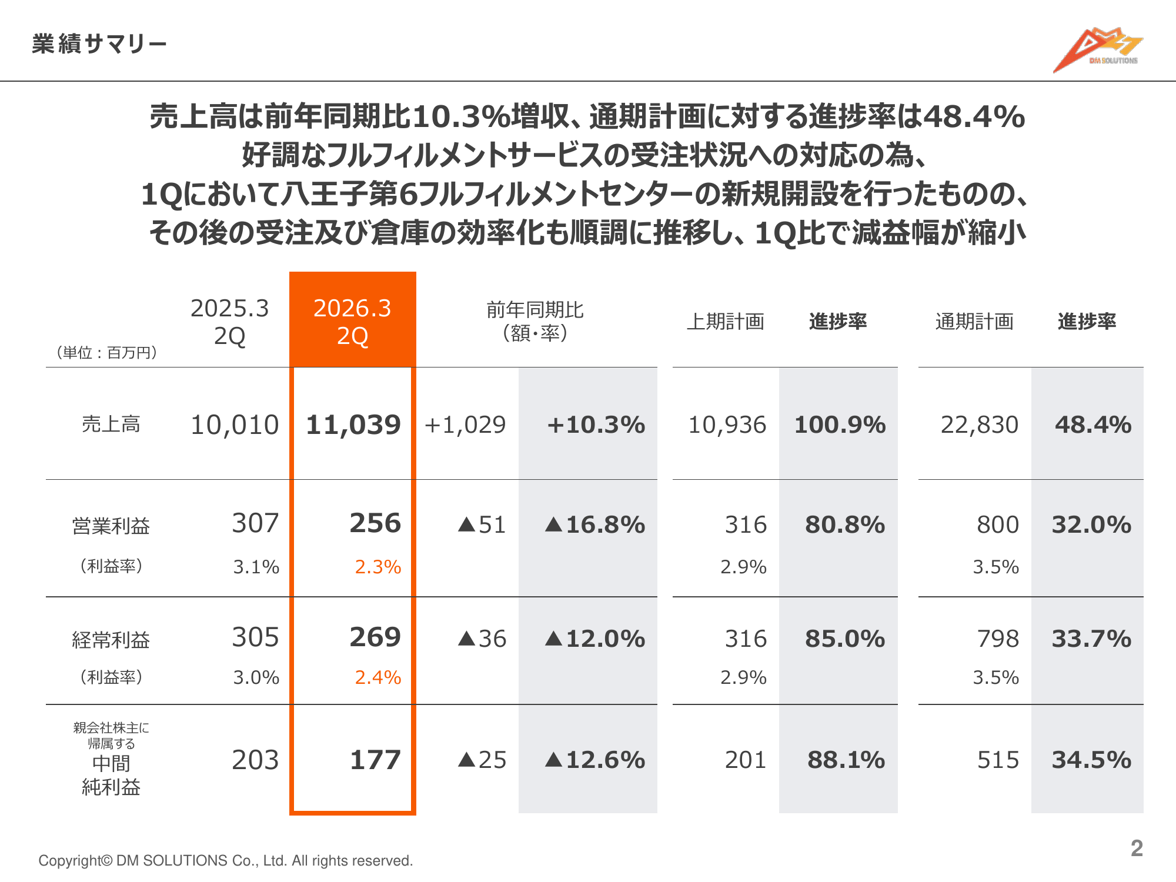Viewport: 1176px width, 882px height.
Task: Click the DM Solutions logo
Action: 1097,49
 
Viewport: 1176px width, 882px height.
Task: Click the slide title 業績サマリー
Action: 99,44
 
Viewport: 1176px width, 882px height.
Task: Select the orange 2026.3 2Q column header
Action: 352,321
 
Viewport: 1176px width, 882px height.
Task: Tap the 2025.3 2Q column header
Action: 229,322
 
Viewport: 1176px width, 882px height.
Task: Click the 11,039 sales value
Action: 353,425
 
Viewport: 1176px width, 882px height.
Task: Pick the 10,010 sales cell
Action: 235,425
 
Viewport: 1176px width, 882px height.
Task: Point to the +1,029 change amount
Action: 465,425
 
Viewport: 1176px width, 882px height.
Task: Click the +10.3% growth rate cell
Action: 596,425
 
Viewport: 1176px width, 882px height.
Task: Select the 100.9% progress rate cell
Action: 840,425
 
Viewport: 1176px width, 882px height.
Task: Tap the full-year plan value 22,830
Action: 979,425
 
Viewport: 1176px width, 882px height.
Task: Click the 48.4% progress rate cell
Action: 1093,425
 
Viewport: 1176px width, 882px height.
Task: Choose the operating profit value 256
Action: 375,523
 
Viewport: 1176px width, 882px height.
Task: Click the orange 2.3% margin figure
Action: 377,567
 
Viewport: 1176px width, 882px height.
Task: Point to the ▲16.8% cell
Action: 595,524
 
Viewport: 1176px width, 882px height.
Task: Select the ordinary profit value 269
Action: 375,637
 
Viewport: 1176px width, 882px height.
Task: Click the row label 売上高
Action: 111,424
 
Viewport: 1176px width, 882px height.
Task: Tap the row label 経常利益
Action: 111,640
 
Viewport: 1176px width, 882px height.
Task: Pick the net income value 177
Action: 375,760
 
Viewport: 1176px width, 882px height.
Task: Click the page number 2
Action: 1137,848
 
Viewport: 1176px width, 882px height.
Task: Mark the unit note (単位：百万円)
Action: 106,352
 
